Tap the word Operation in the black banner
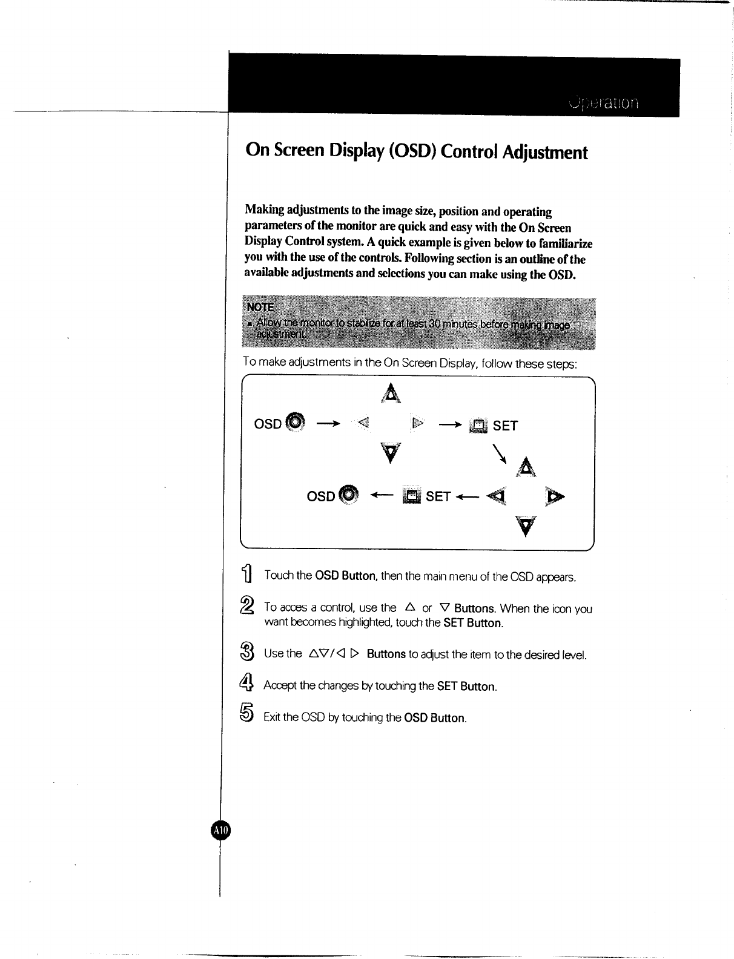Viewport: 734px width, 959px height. (604, 103)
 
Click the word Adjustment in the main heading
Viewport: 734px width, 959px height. (545, 151)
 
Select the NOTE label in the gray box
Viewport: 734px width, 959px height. (260, 306)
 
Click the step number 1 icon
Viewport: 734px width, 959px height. (248, 574)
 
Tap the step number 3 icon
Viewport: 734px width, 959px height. (247, 653)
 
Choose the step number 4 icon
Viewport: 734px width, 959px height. (247, 684)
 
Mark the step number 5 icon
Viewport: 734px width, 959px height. (247, 714)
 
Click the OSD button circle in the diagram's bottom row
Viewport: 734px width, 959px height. (348, 495)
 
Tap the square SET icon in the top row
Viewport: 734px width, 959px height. (478, 426)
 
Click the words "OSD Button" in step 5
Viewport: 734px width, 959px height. (435, 718)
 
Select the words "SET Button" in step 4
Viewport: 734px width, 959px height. (466, 687)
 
